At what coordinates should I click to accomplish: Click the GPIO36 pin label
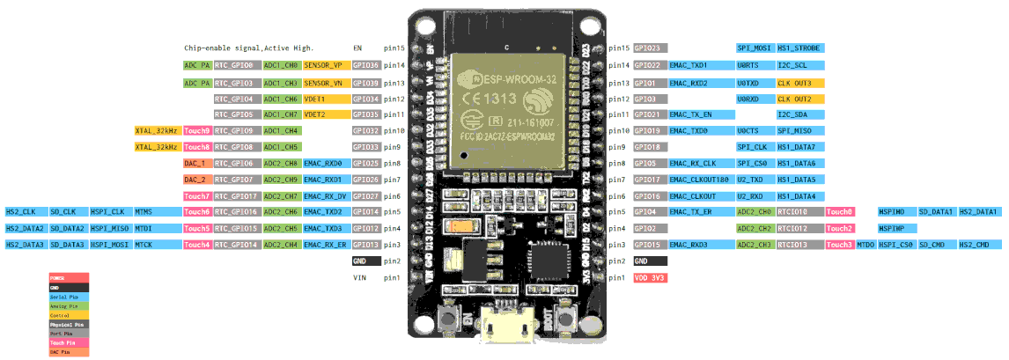pos(365,65)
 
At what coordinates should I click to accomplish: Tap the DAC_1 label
pos(195,163)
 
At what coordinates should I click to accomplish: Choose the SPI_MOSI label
pos(753,48)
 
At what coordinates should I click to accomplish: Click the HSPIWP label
pos(893,228)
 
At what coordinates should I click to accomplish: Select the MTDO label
pos(865,245)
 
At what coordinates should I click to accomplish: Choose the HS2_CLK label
pos(21,212)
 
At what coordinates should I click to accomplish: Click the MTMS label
pos(144,212)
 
